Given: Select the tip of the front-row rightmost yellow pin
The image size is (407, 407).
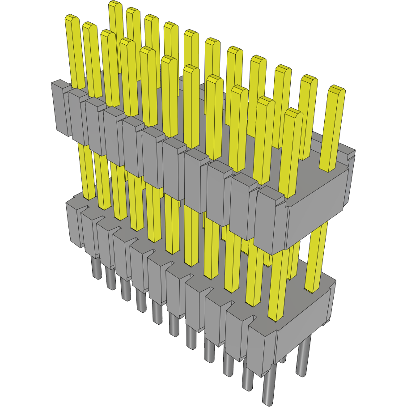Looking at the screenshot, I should pos(293,112).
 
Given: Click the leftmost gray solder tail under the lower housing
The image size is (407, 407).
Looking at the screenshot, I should pos(96,268).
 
